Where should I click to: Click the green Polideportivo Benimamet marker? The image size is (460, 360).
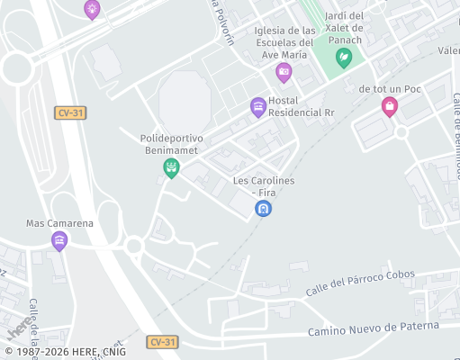pos(171,167)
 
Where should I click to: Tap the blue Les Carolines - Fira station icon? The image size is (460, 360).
pos(263,209)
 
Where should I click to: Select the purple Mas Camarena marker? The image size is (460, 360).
pos(59,240)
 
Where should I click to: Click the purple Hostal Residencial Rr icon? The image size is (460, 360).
pos(258,107)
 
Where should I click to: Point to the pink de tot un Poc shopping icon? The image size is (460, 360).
pos(390,107)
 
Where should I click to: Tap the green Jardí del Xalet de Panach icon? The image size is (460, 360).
pos(343,58)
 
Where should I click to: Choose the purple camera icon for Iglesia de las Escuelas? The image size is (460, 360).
pos(284,72)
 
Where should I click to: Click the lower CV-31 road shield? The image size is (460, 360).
pos(163,342)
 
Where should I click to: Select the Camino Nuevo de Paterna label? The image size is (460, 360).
pos(373,329)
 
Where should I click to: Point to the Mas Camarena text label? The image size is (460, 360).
pos(59,223)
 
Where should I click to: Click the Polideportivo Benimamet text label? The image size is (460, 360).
pos(172,144)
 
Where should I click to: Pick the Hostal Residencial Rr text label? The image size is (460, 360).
pos(302,106)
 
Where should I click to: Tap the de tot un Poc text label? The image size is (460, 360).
pos(390,89)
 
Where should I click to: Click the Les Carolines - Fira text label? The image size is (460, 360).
pos(264,186)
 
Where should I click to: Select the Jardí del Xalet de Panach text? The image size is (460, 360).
pos(344,28)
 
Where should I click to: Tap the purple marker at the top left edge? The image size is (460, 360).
pos(92,9)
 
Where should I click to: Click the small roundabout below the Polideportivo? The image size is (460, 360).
pos(134,245)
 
